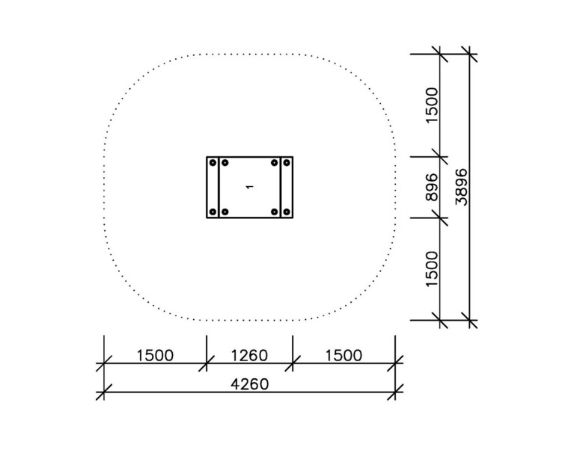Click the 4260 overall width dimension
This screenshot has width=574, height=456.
pyautogui.click(x=250, y=384)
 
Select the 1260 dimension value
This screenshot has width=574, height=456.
pyautogui.click(x=250, y=355)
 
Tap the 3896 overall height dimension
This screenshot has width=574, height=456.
pyautogui.click(x=462, y=187)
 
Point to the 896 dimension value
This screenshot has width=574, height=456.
pyautogui.click(x=433, y=187)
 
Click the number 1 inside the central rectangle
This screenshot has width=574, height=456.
pyautogui.click(x=250, y=187)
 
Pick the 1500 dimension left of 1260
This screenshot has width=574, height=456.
pyautogui.click(x=155, y=355)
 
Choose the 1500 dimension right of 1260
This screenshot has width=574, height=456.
pyautogui.click(x=344, y=355)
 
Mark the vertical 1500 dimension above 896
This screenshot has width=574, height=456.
pyautogui.click(x=433, y=105)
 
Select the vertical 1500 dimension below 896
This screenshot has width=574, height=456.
pyautogui.click(x=433, y=269)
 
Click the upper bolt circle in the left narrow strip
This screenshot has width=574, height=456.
pyautogui.click(x=213, y=162)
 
